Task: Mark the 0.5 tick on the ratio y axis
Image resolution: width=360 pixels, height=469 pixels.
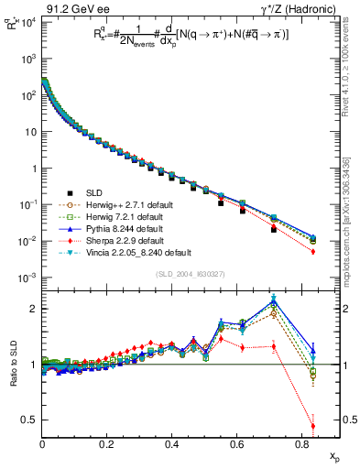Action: point(29,420)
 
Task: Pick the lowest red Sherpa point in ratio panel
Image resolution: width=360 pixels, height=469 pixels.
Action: point(313,426)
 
